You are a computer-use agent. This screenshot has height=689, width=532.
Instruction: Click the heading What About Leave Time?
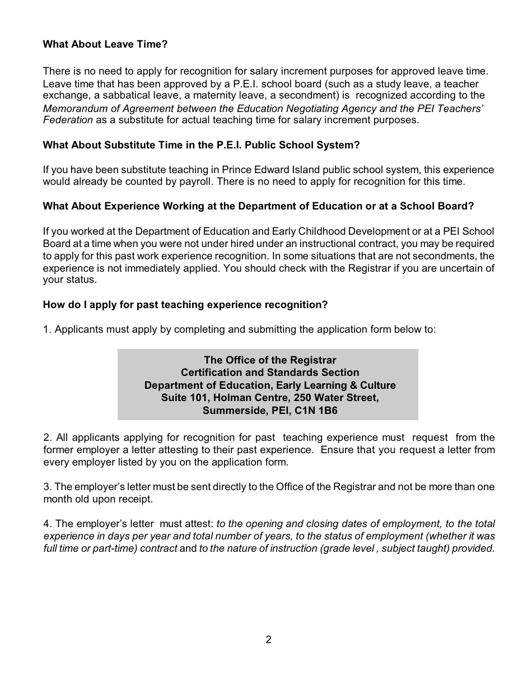pyautogui.click(x=105, y=44)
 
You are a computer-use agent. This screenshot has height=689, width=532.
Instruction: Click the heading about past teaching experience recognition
pyautogui.click(x=185, y=305)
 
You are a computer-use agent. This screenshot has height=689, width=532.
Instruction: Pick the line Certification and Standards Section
pyautogui.click(x=270, y=373)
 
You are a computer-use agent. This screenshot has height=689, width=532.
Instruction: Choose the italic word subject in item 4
pyautogui.click(x=398, y=548)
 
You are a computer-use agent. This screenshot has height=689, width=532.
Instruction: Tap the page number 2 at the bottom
pyautogui.click(x=268, y=640)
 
